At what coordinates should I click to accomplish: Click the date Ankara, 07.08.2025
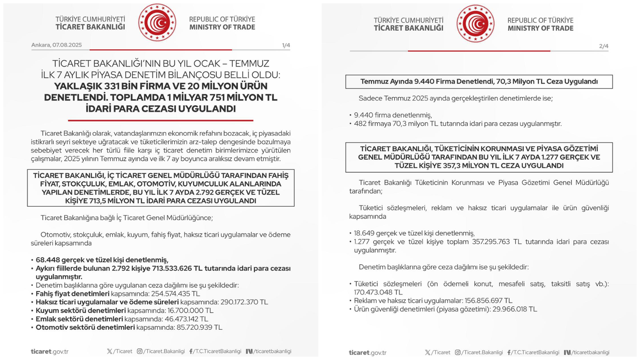[56, 45]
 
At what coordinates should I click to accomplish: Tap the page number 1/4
[286, 45]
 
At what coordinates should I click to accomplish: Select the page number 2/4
[603, 46]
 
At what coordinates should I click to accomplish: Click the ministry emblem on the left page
[157, 23]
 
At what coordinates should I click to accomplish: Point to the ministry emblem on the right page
[475, 24]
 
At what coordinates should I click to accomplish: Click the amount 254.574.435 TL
[175, 294]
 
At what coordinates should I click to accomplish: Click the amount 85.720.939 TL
[199, 327]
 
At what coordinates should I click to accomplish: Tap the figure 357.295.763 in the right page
[491, 242]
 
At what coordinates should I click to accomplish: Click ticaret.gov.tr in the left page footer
[50, 352]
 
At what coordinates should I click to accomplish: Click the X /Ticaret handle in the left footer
[119, 351]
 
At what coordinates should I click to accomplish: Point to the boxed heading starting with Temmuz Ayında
[479, 82]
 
